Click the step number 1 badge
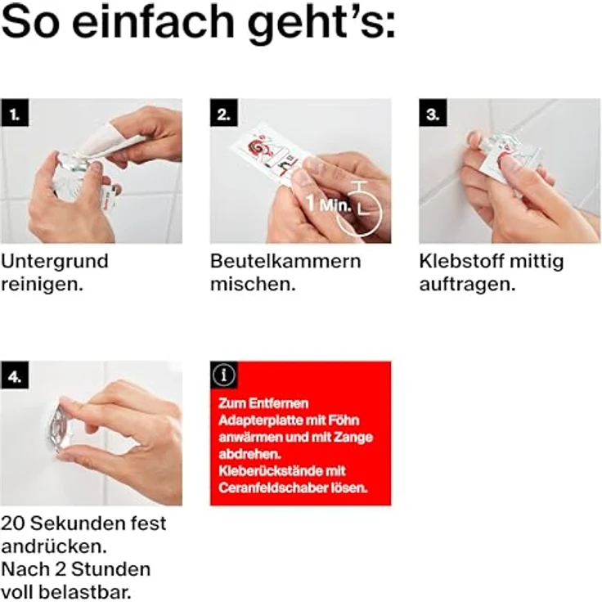click(16, 114)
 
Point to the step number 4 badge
click(16, 376)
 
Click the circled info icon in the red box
click(224, 375)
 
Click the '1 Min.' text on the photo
click(329, 203)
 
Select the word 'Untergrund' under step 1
click(55, 262)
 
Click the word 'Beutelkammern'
click(285, 262)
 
